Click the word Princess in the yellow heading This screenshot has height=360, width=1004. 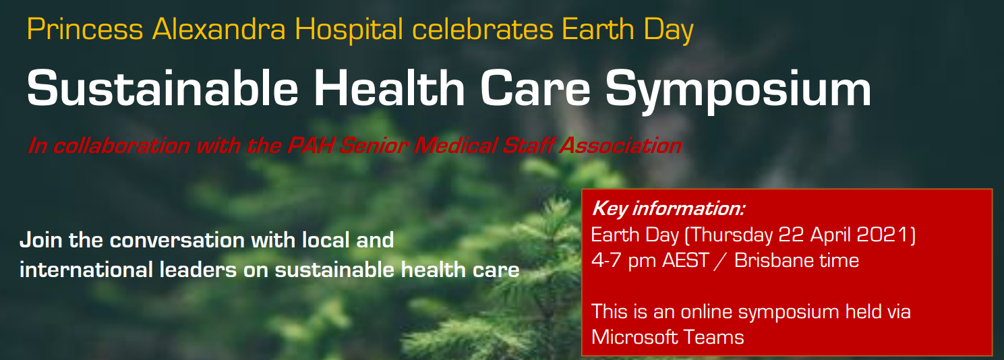point(85,30)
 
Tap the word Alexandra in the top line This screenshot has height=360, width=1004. point(218,30)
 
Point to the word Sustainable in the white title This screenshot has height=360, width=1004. point(163,88)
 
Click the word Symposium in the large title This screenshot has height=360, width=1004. point(738,92)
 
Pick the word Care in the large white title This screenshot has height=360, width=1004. point(535,88)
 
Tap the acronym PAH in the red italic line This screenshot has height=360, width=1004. point(309,146)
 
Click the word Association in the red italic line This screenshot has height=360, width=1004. point(621,146)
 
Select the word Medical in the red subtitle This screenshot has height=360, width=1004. point(454,146)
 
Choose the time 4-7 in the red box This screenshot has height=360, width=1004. point(606,261)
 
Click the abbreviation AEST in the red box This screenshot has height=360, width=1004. point(685,261)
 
